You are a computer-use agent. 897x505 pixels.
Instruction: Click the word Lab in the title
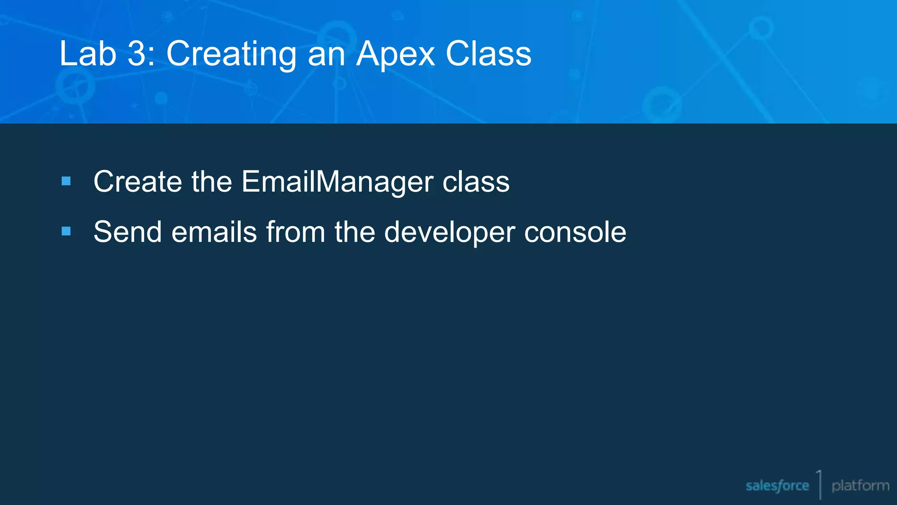[x=88, y=53]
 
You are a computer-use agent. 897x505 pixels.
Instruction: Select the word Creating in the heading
[x=231, y=54]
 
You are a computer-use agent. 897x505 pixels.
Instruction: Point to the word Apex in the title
[x=395, y=54]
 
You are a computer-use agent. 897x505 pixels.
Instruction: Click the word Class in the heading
[x=488, y=53]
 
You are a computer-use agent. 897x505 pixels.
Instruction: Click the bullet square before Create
[x=66, y=181]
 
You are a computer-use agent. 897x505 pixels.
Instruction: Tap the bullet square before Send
[x=66, y=231]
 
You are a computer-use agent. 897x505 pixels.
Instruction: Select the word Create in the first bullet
[x=138, y=181]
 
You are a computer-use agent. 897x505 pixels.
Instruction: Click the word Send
[x=127, y=231]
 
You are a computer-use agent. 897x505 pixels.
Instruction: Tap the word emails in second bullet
[x=214, y=231]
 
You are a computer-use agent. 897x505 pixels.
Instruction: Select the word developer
[x=449, y=232]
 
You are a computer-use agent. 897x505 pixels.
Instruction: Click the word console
[x=575, y=231]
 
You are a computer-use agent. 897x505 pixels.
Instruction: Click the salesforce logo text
[x=777, y=486]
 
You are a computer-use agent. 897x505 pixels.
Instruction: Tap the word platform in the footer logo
[x=860, y=486]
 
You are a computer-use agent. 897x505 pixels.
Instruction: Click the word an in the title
[x=326, y=54]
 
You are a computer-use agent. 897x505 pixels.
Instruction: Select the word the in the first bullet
[x=212, y=181]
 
